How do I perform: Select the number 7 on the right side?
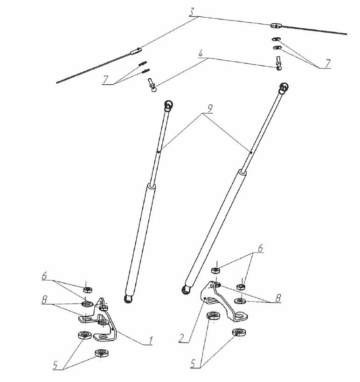click(x=328, y=62)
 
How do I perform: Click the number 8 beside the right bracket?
click(x=278, y=298)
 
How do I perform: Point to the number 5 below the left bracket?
click(x=56, y=365)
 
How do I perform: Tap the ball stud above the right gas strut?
click(x=278, y=63)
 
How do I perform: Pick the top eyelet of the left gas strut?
click(x=169, y=105)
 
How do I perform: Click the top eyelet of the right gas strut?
click(x=284, y=87)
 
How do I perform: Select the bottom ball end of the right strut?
click(x=186, y=290)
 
